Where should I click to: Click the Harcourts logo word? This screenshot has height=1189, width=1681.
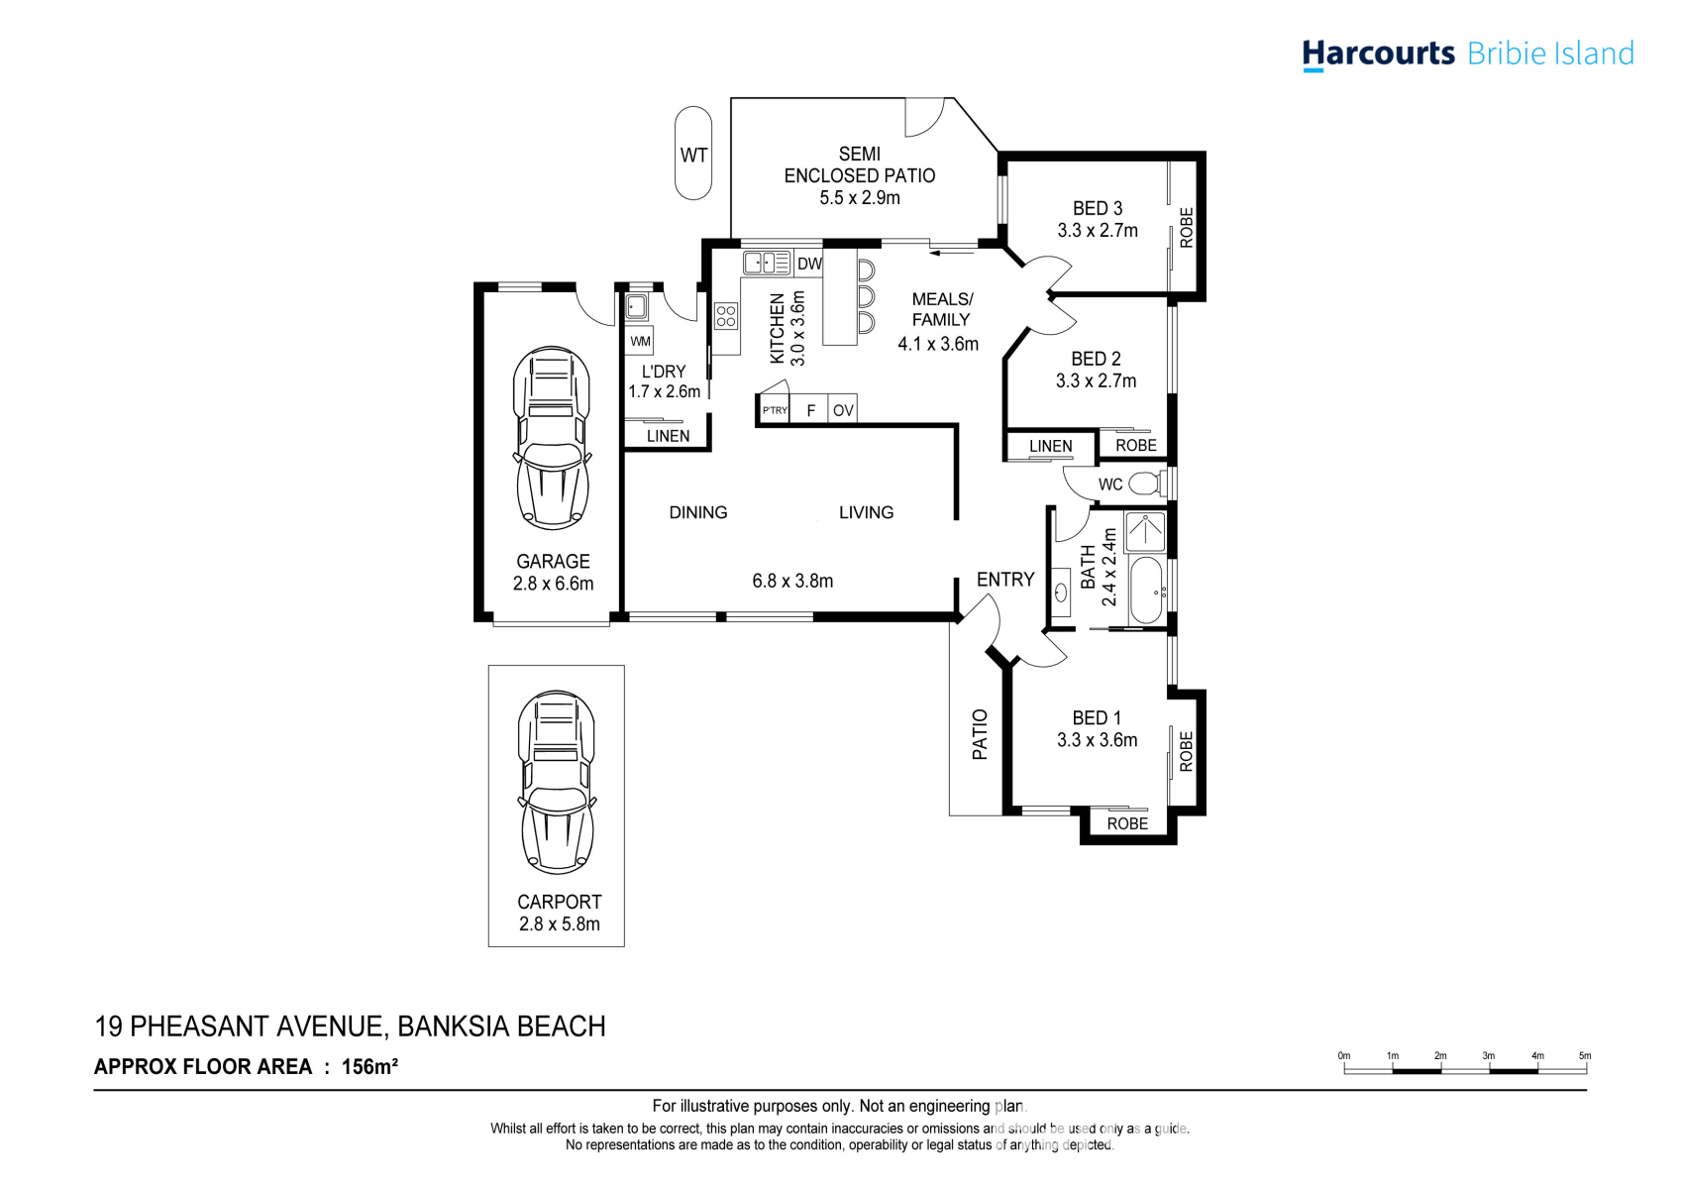pos(1379,54)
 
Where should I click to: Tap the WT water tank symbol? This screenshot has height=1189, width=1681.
pos(693,154)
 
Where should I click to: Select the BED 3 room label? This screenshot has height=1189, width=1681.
pos(1098,208)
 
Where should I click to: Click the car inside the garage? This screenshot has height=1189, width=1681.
pos(553,438)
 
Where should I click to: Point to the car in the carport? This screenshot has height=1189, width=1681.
pos(557,782)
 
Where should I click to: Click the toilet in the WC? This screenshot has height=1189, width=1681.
pos(1147,484)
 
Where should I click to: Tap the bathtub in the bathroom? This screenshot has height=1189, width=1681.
pos(1147,590)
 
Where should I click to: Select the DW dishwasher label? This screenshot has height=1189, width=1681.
pos(809,264)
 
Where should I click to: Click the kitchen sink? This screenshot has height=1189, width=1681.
pos(767,263)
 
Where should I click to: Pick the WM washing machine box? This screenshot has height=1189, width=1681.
pos(639,341)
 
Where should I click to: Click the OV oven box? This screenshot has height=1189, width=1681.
pos(843,410)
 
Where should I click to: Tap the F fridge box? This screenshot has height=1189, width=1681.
pos(809,410)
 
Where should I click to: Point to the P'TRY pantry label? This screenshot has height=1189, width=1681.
pos(775,410)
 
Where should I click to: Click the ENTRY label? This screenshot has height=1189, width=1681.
pos(1004,579)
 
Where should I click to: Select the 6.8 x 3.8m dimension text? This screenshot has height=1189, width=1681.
pos(792,581)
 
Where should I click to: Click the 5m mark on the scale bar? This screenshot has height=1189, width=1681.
pos(1584,1055)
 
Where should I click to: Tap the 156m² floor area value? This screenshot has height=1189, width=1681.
pos(369,1066)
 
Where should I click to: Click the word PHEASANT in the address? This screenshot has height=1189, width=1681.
pos(200,1027)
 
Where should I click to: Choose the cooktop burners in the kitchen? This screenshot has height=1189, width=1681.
pos(726,315)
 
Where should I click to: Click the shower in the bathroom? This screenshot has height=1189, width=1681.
pos(1145,531)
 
